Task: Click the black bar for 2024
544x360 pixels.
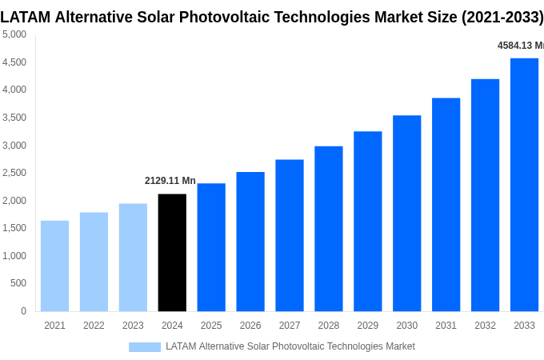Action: pyautogui.click(x=172, y=252)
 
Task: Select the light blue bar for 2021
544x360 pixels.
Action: pyautogui.click(x=54, y=266)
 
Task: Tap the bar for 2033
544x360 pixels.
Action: pyautogui.click(x=524, y=184)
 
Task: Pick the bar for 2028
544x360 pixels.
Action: pyautogui.click(x=328, y=228)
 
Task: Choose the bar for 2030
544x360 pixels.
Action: pyautogui.click(x=406, y=213)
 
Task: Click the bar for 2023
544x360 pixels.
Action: pyautogui.click(x=133, y=257)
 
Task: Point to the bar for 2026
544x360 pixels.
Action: pyautogui.click(x=250, y=241)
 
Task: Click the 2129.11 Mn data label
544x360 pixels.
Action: pyautogui.click(x=170, y=181)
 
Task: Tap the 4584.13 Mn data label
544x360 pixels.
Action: pyautogui.click(x=520, y=46)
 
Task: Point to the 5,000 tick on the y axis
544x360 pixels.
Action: pyautogui.click(x=14, y=34)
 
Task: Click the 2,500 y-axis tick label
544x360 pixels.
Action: pyautogui.click(x=14, y=173)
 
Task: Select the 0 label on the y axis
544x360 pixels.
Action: pyautogui.click(x=23, y=311)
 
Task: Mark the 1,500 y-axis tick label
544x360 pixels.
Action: pyautogui.click(x=14, y=228)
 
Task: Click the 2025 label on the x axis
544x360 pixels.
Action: pyautogui.click(x=211, y=326)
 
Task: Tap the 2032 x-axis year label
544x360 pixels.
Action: pyautogui.click(x=485, y=326)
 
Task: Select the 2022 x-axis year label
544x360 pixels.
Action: pyautogui.click(x=94, y=326)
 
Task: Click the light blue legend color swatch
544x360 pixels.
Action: pyautogui.click(x=145, y=347)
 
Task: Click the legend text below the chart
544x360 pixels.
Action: pyautogui.click(x=290, y=346)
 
